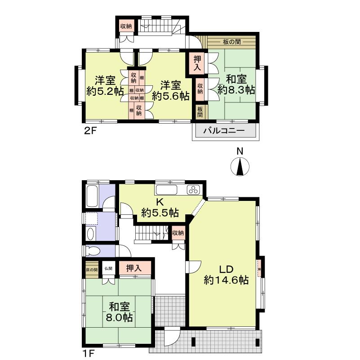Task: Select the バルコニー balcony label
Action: [224, 132]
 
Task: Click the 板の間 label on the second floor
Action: [231, 43]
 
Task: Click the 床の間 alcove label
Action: [92, 270]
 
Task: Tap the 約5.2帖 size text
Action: [105, 91]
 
